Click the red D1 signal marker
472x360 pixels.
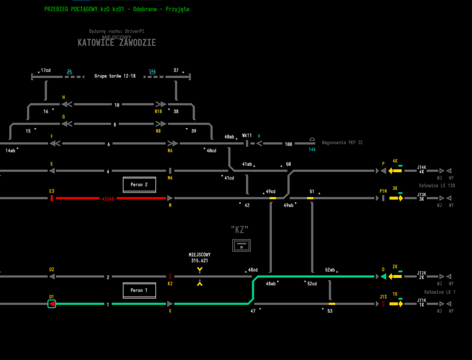coord(52,304)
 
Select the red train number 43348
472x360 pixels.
coord(108,199)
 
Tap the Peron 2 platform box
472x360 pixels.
coord(139,185)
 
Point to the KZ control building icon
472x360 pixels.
coord(241,245)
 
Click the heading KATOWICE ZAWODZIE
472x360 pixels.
coord(117,42)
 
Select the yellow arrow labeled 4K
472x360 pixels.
coord(395,170)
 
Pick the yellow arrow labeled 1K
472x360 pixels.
coord(396,304)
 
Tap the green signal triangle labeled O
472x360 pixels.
coord(383,276)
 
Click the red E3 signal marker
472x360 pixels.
coord(51,198)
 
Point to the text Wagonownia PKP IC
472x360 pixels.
coord(342,142)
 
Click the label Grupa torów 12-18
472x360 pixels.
coord(115,75)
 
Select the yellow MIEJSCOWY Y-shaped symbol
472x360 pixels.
coord(200,270)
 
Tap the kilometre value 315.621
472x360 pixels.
coord(200,260)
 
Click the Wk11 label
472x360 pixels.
coord(247,135)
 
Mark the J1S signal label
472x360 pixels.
coord(383,297)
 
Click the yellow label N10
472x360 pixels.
coord(158,112)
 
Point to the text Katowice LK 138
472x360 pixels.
coord(437,186)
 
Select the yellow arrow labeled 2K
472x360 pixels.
coord(395,276)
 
